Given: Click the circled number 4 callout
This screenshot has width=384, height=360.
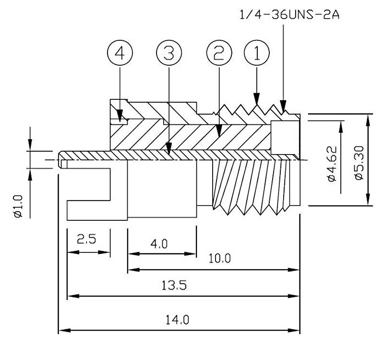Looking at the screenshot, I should click(x=120, y=53).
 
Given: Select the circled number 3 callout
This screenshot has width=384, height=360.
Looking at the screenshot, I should click(x=168, y=53).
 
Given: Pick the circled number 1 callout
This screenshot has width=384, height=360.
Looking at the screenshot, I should click(x=257, y=53).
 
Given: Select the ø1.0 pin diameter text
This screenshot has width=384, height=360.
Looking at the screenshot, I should click(x=18, y=204).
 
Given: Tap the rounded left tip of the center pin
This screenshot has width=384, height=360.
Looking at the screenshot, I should click(x=60, y=159).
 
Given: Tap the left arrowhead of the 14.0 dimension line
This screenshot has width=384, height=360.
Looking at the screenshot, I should click(x=62, y=330).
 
